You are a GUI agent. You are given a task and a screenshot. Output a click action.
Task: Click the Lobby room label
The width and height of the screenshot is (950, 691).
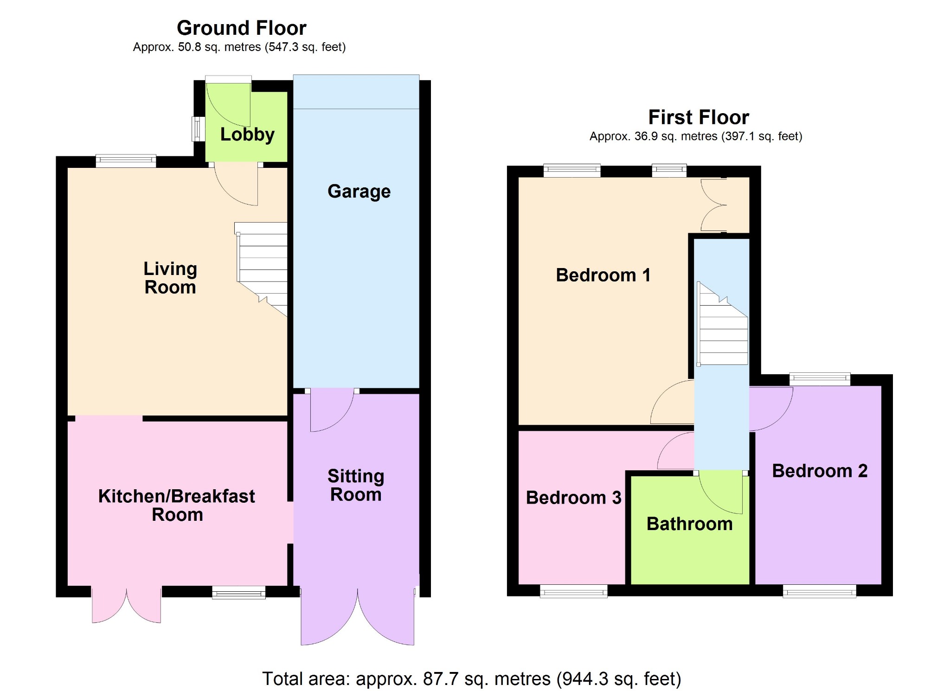[247, 134]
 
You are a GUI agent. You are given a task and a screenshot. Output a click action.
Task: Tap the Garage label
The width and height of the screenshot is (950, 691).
[359, 192]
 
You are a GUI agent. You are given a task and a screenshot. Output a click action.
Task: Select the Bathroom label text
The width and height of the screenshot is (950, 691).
[690, 524]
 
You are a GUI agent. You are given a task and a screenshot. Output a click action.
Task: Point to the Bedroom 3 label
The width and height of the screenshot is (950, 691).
[573, 498]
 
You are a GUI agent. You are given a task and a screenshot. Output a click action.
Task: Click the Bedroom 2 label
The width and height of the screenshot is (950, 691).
[820, 471]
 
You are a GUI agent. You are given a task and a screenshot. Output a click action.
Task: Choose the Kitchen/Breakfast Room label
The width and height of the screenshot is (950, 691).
[177, 505]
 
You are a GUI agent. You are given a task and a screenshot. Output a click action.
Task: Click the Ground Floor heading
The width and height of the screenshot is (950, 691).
[242, 28]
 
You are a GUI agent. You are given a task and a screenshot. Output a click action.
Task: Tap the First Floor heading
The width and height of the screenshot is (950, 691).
[699, 117]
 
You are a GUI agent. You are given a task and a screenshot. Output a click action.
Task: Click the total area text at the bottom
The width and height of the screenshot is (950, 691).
[472, 679]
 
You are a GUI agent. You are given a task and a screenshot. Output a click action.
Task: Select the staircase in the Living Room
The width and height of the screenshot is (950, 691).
[262, 269]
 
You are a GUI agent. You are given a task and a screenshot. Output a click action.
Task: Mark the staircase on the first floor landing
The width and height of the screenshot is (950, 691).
[722, 324]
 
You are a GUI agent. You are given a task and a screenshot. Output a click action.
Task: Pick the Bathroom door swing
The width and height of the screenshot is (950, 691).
[720, 493]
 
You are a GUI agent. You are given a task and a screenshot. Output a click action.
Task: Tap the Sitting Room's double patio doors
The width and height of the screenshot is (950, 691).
[358, 617]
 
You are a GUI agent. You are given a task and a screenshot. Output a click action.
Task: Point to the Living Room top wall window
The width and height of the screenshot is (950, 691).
[126, 161]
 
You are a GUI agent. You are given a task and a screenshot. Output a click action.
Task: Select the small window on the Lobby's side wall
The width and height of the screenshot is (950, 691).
[198, 129]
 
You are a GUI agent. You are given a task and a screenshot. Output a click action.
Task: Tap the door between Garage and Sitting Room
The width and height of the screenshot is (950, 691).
[332, 410]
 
